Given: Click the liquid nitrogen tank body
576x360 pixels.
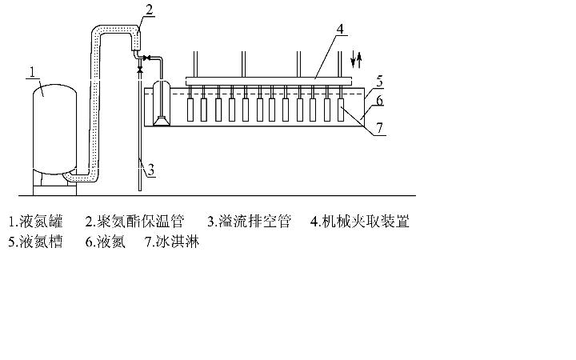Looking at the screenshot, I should coord(54,128).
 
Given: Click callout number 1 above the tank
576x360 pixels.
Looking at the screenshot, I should coord(32,73).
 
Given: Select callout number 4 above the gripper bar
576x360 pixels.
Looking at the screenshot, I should coord(340,29).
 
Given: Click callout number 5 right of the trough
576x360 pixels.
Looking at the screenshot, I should coord(380,80).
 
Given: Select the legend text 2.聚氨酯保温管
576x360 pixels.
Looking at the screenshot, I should coord(138,222).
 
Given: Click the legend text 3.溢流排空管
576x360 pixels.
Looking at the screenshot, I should coord(249,222).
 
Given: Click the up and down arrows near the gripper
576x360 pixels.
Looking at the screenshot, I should coord(357,58).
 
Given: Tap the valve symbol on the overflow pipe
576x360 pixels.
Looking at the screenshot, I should coord(140,70).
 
